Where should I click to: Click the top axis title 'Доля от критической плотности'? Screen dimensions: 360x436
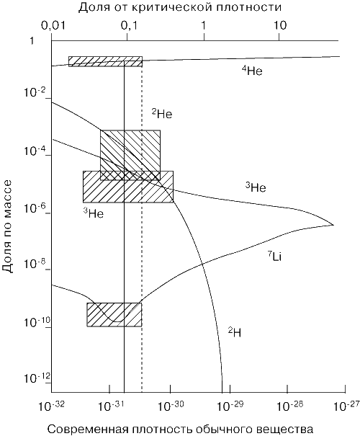(x=180, y=7)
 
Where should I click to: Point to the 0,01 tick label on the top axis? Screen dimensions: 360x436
(x=53, y=25)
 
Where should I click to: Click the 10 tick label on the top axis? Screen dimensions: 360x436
(x=280, y=25)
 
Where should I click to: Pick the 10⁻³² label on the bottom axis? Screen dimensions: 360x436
(x=51, y=406)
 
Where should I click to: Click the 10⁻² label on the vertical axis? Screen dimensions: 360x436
(x=35, y=92)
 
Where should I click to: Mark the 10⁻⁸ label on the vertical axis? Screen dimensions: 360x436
(x=35, y=263)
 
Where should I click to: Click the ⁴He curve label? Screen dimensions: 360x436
(x=252, y=71)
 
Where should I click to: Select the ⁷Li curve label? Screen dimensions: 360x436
(x=275, y=257)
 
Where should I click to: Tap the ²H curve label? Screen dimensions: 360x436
(x=235, y=332)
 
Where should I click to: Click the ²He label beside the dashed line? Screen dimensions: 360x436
(x=162, y=113)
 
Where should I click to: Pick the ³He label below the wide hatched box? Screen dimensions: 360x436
(x=94, y=213)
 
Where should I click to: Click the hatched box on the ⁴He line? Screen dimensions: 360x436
(x=106, y=61)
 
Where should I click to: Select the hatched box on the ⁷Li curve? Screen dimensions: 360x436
(x=114, y=314)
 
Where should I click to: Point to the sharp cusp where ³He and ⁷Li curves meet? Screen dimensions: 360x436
(x=333, y=225)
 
